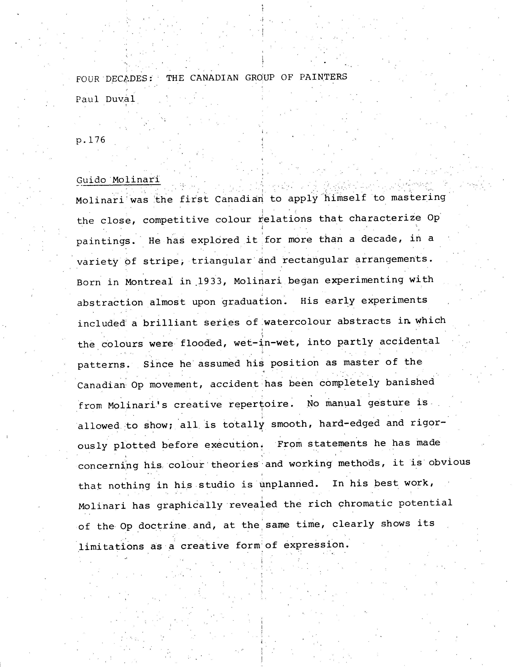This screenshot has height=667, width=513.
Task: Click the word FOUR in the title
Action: coord(87,79)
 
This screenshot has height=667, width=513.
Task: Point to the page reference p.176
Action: coord(91,140)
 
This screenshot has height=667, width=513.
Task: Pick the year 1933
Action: coord(210,281)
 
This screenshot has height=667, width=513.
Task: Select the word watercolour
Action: coord(297,322)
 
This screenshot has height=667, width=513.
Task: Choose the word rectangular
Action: coord(315,260)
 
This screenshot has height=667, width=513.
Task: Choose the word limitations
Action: coord(111,546)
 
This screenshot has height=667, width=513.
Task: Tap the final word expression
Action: coord(316,545)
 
